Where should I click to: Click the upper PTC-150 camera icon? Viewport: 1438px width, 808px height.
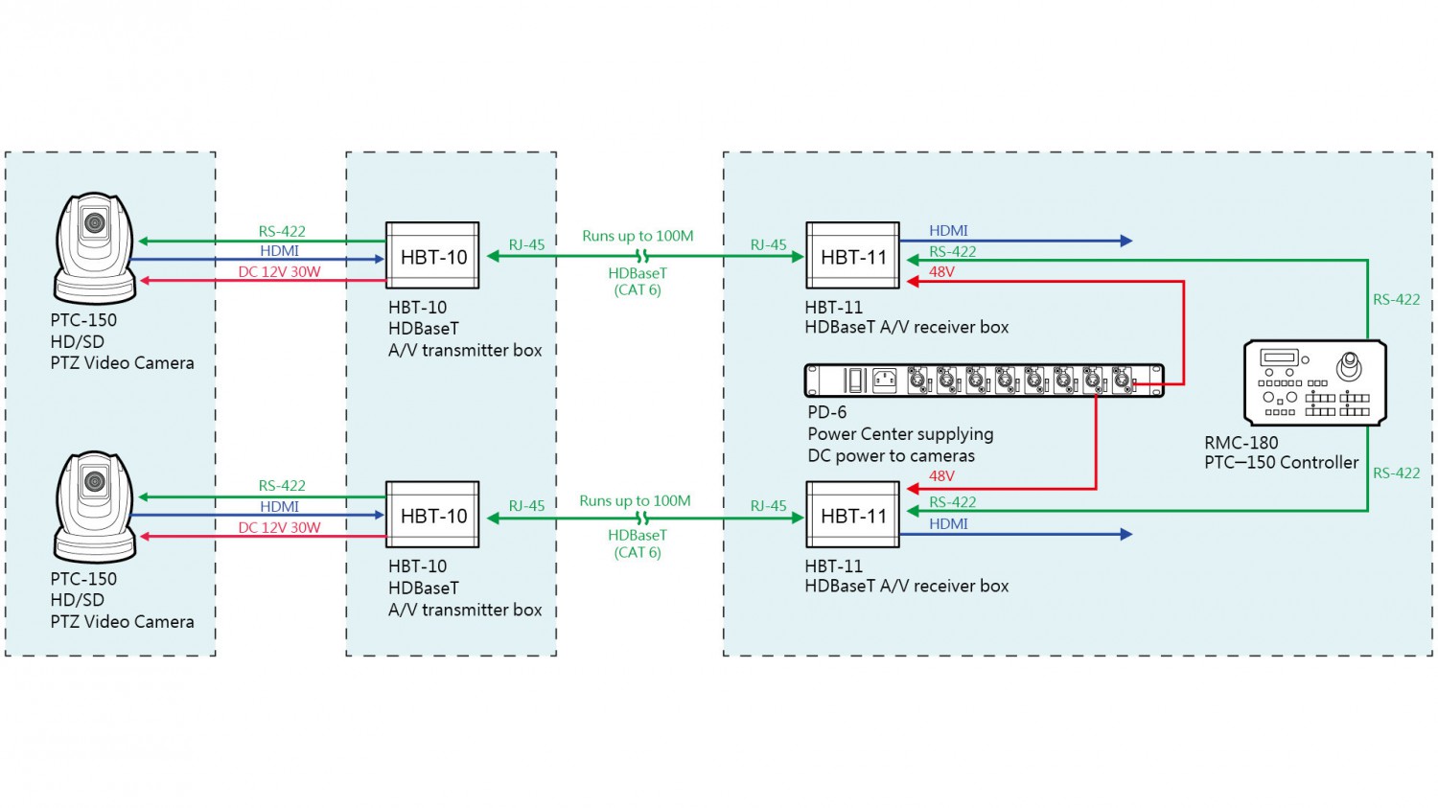[95, 247]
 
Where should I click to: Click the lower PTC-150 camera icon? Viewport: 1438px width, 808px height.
[95, 506]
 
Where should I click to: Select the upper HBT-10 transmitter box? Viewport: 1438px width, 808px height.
[432, 256]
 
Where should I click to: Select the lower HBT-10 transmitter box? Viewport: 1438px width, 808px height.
[432, 515]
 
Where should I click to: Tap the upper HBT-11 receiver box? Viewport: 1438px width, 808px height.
[852, 256]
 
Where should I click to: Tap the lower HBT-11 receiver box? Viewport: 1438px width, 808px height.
[852, 515]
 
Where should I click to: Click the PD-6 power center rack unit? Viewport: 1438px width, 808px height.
[984, 381]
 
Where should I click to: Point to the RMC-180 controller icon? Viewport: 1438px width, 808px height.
[1314, 382]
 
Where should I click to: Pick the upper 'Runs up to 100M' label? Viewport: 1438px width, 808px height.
[638, 236]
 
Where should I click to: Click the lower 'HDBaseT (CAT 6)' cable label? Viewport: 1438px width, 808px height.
[638, 543]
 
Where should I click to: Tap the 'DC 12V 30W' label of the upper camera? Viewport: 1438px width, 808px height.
[279, 272]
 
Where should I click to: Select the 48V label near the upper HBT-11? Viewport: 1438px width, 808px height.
[941, 272]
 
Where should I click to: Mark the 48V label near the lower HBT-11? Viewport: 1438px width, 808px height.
[941, 476]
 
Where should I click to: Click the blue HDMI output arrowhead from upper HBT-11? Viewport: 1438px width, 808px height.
[1127, 241]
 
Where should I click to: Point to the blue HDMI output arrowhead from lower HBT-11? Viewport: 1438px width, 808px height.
[1127, 534]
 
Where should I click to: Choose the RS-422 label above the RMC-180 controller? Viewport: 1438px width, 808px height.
[1396, 300]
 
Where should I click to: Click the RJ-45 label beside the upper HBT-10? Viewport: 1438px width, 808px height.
[526, 245]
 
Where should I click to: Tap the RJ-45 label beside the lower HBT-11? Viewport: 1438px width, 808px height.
[768, 506]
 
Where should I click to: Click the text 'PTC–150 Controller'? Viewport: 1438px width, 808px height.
[1281, 463]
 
